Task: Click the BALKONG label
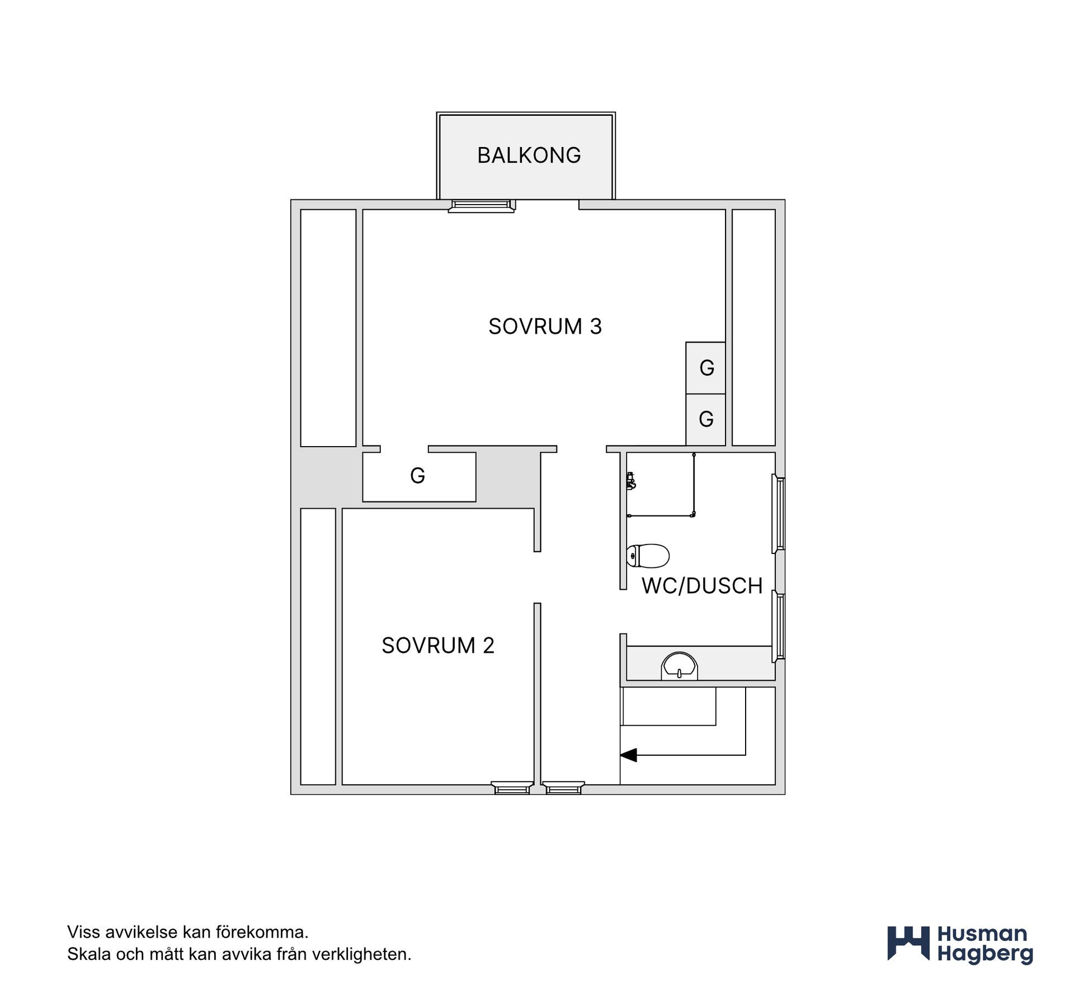click(x=529, y=155)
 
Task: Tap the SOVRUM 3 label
click(x=545, y=326)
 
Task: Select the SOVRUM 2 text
click(x=438, y=646)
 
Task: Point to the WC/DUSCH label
click(x=702, y=586)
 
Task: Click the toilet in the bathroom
click(x=648, y=556)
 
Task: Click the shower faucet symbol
click(x=631, y=481)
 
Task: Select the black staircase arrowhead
click(x=629, y=755)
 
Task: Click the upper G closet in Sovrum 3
click(x=706, y=368)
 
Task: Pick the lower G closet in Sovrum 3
click(x=706, y=420)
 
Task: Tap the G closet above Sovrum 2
click(x=419, y=476)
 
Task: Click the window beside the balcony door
click(x=481, y=206)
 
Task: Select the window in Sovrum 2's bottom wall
click(x=511, y=788)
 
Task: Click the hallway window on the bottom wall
click(x=563, y=788)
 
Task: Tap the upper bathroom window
click(x=778, y=514)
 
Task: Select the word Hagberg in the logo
click(x=985, y=955)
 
